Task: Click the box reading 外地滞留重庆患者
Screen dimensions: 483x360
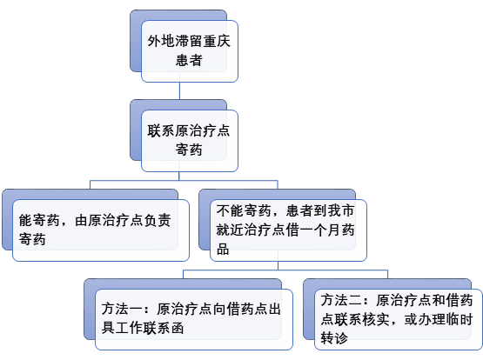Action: (190, 51)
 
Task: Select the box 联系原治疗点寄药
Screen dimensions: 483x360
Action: (190, 141)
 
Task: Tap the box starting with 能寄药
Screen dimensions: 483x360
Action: (101, 230)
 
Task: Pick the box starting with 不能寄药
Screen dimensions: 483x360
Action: (288, 230)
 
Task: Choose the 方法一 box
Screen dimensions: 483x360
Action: (194, 319)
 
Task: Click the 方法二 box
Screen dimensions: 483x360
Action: (399, 319)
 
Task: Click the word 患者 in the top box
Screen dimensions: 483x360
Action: (189, 60)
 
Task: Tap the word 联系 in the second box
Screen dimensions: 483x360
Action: (161, 130)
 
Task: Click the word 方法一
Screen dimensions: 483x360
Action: (122, 310)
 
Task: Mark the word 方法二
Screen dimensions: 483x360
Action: (341, 300)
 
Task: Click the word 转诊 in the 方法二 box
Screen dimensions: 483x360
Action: (334, 338)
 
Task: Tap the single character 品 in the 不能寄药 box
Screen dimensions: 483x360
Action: (223, 249)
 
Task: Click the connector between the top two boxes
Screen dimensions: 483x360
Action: (179, 90)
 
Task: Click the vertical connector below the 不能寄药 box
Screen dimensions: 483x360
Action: (278, 265)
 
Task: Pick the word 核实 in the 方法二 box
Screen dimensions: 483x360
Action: (375, 319)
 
